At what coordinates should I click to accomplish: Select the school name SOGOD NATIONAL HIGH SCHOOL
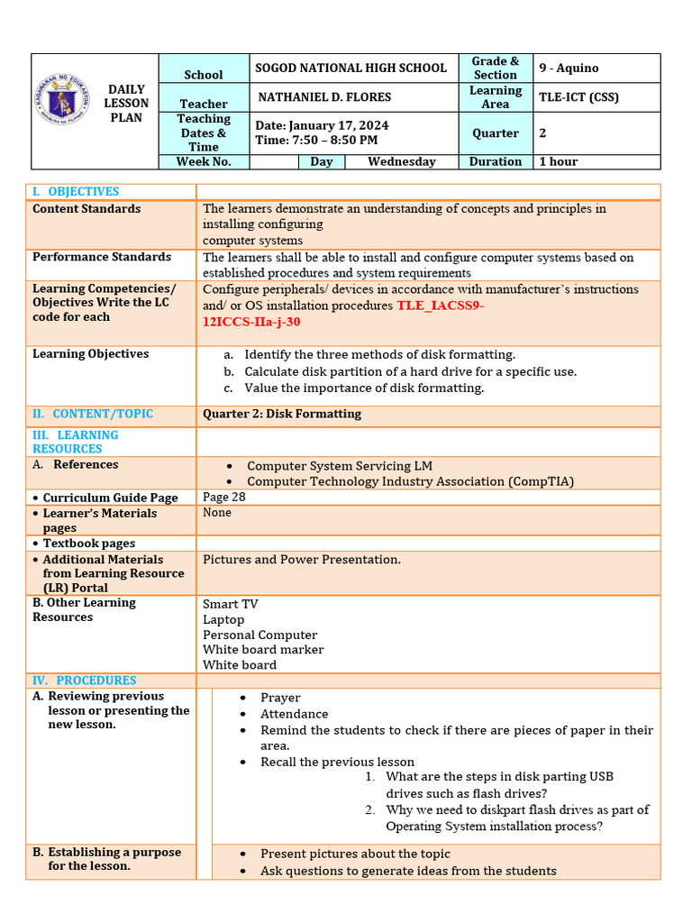tap(351, 68)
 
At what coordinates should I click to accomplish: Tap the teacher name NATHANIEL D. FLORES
tap(324, 96)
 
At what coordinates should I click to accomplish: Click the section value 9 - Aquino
tap(569, 68)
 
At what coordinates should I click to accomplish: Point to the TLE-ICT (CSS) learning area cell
tap(578, 96)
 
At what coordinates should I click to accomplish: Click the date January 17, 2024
tap(323, 125)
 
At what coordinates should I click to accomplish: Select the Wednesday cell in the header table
tap(401, 161)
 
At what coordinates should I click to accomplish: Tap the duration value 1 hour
tap(559, 161)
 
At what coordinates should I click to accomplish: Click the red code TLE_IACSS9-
tap(441, 306)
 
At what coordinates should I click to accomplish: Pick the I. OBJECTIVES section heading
tap(76, 191)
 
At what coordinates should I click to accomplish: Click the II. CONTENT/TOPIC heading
tap(93, 414)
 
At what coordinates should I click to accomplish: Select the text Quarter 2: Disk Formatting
tap(282, 414)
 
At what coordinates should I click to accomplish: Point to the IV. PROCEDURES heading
tap(85, 681)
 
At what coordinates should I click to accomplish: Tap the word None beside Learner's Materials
tap(217, 512)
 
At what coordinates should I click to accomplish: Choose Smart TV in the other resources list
tap(231, 604)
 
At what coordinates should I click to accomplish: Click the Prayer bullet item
tap(280, 698)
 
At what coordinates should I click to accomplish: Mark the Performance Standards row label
tap(102, 257)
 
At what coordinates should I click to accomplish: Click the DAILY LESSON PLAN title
tap(126, 104)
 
